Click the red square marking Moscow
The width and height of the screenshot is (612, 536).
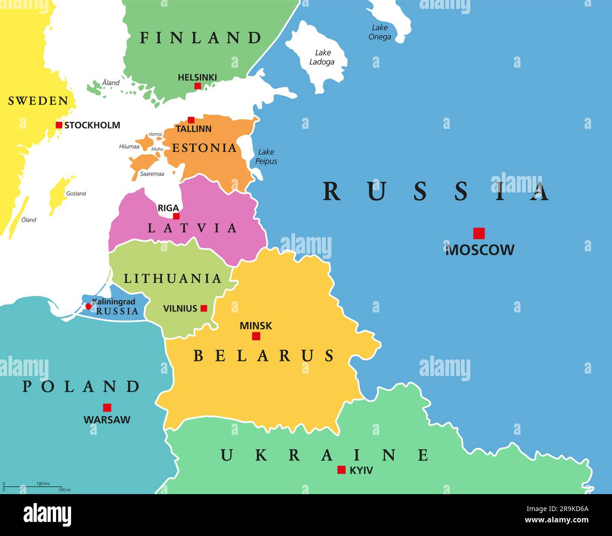click(479, 233)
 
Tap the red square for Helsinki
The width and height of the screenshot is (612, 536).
click(198, 86)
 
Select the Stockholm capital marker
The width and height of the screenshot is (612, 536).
click(59, 125)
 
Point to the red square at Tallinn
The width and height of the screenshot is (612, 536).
click(191, 120)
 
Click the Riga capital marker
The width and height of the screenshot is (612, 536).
click(176, 216)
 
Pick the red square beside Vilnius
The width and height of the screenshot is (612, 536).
click(204, 309)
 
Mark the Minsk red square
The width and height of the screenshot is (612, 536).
click(256, 336)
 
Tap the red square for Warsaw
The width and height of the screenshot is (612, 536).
click(107, 408)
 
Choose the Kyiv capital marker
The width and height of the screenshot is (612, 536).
click(342, 470)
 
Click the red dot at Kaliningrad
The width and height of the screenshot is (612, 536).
click(89, 306)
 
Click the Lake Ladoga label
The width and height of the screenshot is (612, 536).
click(322, 57)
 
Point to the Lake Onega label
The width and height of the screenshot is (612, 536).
click(380, 32)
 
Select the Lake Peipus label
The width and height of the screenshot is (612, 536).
click(266, 157)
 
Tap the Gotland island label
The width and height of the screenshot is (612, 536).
click(76, 193)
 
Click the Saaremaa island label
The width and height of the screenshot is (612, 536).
click(152, 174)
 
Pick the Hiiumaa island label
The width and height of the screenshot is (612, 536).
click(129, 146)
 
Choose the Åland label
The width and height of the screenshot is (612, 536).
click(111, 83)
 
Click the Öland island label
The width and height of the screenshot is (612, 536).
click(29, 220)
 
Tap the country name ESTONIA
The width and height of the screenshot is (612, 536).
click(204, 148)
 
